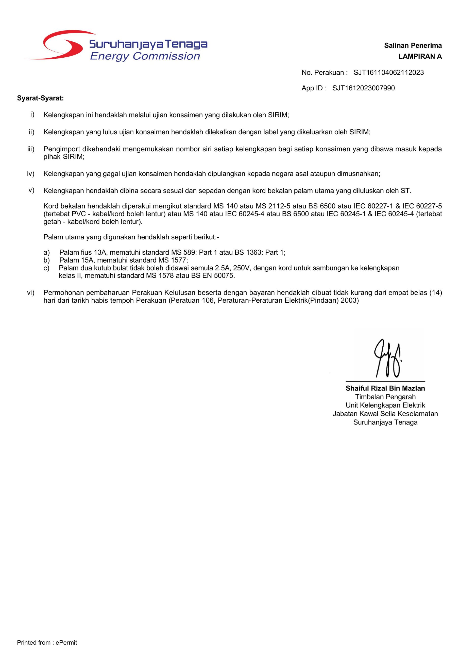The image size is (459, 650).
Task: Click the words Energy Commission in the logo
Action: (145, 56)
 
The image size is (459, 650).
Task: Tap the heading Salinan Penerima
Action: (413, 46)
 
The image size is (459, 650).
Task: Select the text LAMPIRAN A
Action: (420, 57)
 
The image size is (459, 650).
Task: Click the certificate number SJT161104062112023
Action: (388, 73)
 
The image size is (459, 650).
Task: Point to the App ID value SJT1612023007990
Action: (363, 88)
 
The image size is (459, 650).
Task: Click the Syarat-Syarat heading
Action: (40, 98)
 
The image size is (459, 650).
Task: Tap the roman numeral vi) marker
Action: (30, 293)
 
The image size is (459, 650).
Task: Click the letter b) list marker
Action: (46, 260)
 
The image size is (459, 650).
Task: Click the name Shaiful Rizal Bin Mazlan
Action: (385, 388)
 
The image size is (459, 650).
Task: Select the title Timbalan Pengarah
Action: (385, 397)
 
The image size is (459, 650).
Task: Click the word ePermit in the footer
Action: (66, 643)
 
